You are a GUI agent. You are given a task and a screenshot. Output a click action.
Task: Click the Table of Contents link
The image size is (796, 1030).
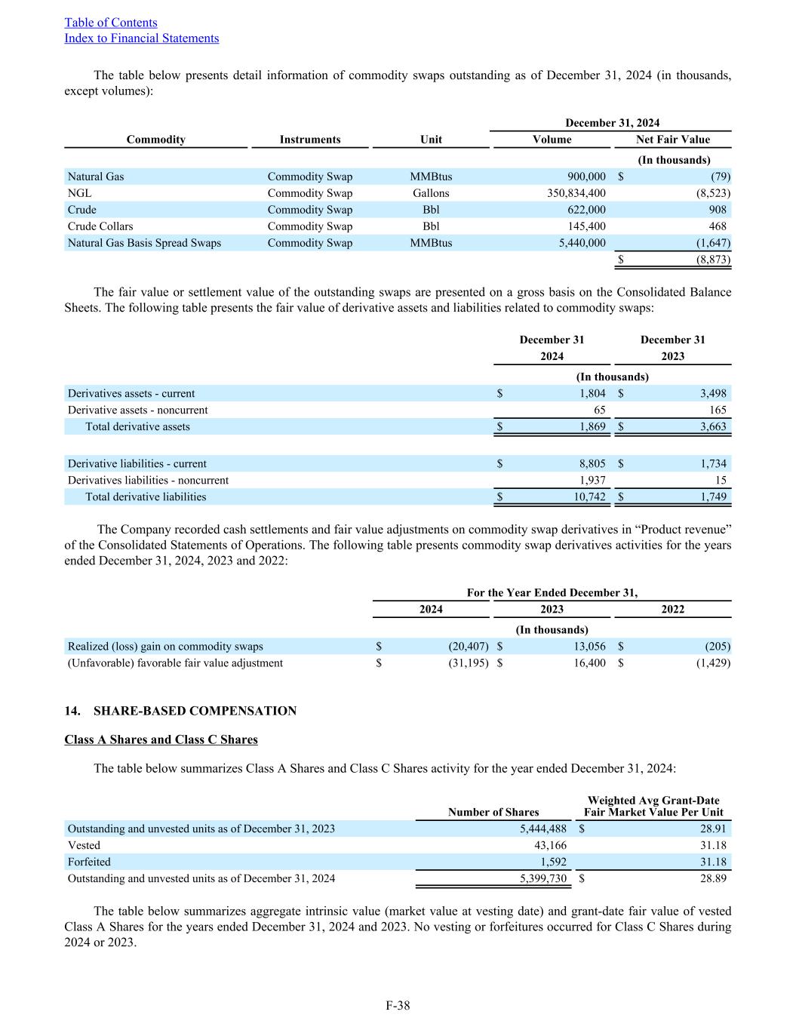coord(111,23)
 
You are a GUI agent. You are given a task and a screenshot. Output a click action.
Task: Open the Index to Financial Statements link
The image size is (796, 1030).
coord(142,38)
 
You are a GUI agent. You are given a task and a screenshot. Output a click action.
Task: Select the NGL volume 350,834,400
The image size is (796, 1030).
coord(576,193)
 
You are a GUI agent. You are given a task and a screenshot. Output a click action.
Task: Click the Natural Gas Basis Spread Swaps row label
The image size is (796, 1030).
coord(144,243)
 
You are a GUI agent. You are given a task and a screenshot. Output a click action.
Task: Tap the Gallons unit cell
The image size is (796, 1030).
coord(431,193)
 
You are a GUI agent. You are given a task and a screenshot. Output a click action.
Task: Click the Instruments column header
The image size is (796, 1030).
coord(310,140)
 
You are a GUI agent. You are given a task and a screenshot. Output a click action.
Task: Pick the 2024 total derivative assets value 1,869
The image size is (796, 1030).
coord(589,427)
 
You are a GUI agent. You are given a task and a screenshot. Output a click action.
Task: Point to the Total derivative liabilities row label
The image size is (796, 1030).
coord(146,497)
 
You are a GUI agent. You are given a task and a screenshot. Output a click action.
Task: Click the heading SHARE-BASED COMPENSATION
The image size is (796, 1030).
coord(195,711)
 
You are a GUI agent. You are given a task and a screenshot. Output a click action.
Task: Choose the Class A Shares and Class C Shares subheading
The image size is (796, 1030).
coord(161,739)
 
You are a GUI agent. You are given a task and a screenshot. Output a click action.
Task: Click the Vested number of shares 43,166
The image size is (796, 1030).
coord(550,846)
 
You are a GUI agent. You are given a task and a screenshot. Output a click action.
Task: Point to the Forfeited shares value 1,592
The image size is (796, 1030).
coord(553,862)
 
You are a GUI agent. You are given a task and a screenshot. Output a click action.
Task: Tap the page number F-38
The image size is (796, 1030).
coord(398,1005)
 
